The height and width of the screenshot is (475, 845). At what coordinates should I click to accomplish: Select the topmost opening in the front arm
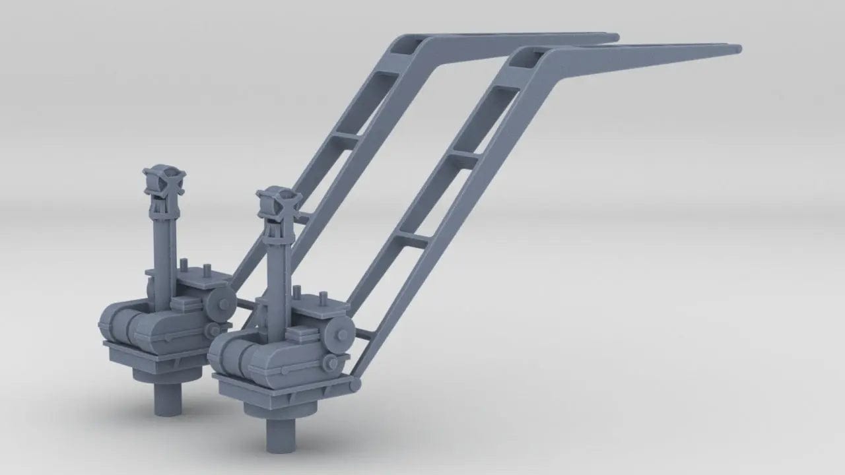point(530,61)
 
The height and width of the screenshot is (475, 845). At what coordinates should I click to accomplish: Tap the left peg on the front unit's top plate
point(297,293)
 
